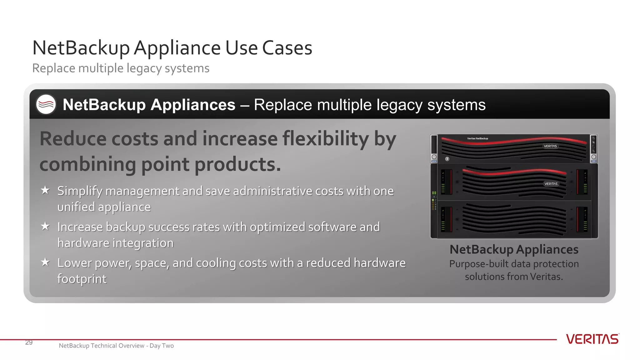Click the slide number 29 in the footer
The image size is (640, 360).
(x=29, y=342)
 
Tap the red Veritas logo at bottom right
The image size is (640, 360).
(x=592, y=339)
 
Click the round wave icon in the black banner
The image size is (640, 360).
(x=46, y=104)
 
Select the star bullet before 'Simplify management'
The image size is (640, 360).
(x=45, y=190)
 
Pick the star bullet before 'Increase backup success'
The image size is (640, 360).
(x=45, y=226)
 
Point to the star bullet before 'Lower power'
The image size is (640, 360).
(x=45, y=262)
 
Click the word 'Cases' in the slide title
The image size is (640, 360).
(x=287, y=48)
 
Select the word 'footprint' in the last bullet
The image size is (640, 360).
(x=82, y=279)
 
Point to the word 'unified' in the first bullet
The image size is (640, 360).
(x=76, y=207)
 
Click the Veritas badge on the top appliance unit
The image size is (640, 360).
(x=550, y=146)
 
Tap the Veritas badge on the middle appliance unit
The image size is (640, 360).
(x=551, y=184)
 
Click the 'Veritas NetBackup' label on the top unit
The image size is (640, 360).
(x=477, y=138)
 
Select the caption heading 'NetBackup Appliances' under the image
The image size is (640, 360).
(x=514, y=249)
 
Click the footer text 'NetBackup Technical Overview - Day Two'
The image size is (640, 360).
(x=116, y=346)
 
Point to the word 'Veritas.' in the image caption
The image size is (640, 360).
(x=546, y=277)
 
